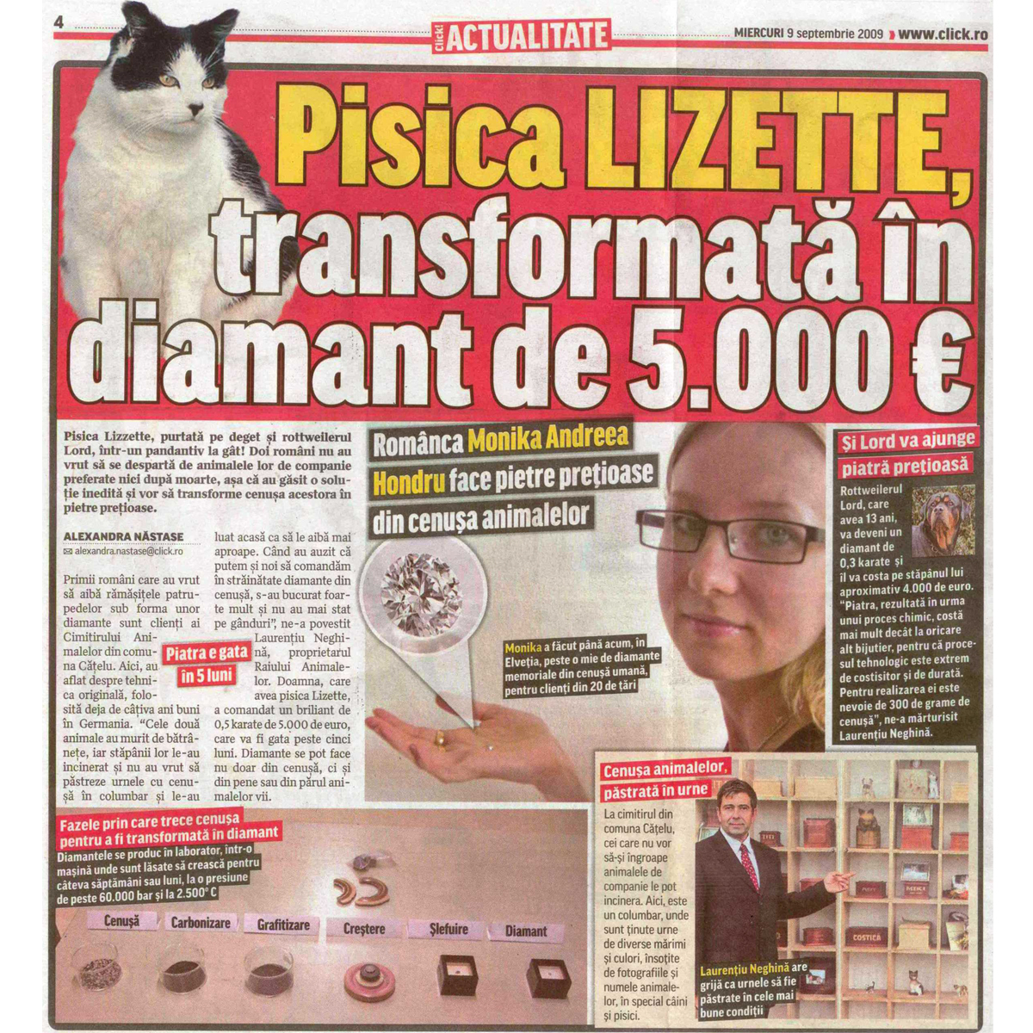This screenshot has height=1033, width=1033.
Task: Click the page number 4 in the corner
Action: point(59,24)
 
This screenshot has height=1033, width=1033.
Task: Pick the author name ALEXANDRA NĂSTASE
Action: point(123,536)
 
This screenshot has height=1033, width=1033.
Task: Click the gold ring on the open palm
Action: point(439,738)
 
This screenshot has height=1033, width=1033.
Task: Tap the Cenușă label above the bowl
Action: point(122,921)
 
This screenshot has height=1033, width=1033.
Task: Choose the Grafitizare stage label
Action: point(283,925)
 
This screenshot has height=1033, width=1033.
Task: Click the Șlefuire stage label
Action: point(448,930)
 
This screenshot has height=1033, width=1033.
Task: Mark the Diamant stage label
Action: point(526,931)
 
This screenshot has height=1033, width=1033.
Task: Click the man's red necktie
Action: point(749,866)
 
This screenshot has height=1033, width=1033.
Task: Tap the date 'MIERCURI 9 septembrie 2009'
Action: point(808,34)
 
